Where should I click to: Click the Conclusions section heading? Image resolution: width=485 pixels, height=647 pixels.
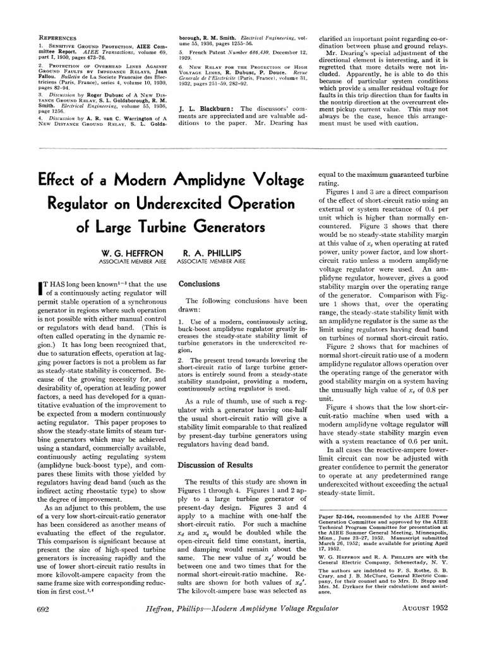click(x=199, y=284)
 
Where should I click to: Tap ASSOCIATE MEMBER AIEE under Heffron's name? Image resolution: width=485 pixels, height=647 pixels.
click(x=128, y=260)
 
